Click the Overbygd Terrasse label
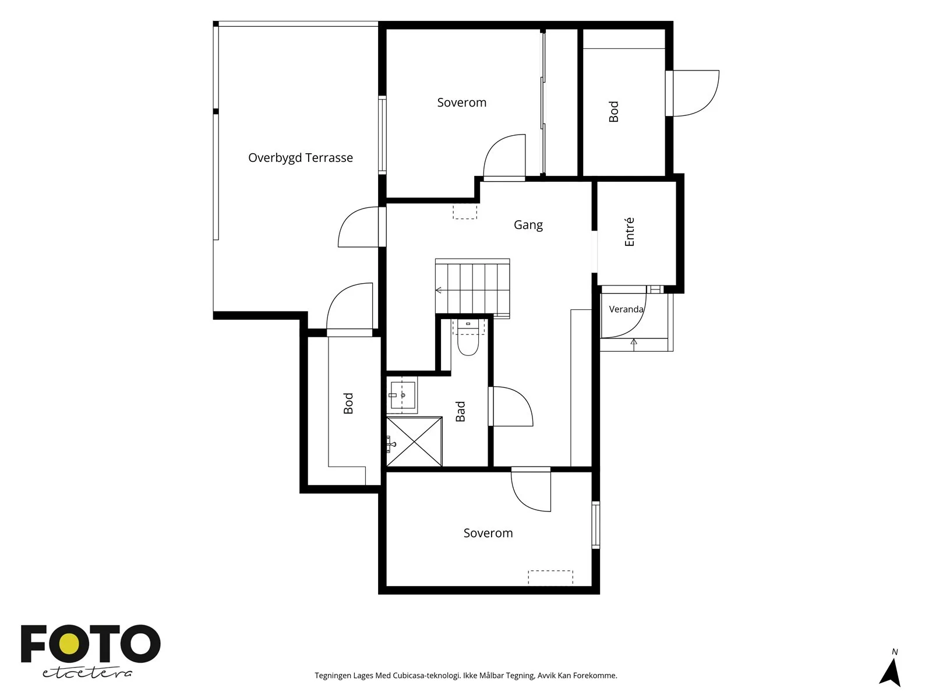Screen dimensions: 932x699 (300, 158)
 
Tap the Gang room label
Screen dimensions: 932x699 (528, 225)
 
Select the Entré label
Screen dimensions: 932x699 (629, 232)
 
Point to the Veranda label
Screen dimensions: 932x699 (626, 309)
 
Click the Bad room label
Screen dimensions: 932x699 (460, 411)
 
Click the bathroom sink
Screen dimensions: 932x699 (402, 395)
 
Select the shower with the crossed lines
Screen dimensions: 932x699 (414, 442)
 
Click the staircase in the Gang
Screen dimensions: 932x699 (472, 288)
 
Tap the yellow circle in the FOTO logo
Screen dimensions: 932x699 (70, 644)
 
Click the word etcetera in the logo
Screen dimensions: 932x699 (87, 673)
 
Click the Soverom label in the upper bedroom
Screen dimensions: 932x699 (461, 103)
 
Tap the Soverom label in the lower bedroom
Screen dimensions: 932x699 (488, 533)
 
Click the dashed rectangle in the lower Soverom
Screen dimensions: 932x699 (550, 577)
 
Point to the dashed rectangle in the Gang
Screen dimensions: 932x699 (465, 212)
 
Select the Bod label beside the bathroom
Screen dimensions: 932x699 (348, 403)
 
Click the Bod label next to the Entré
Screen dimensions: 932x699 (613, 112)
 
